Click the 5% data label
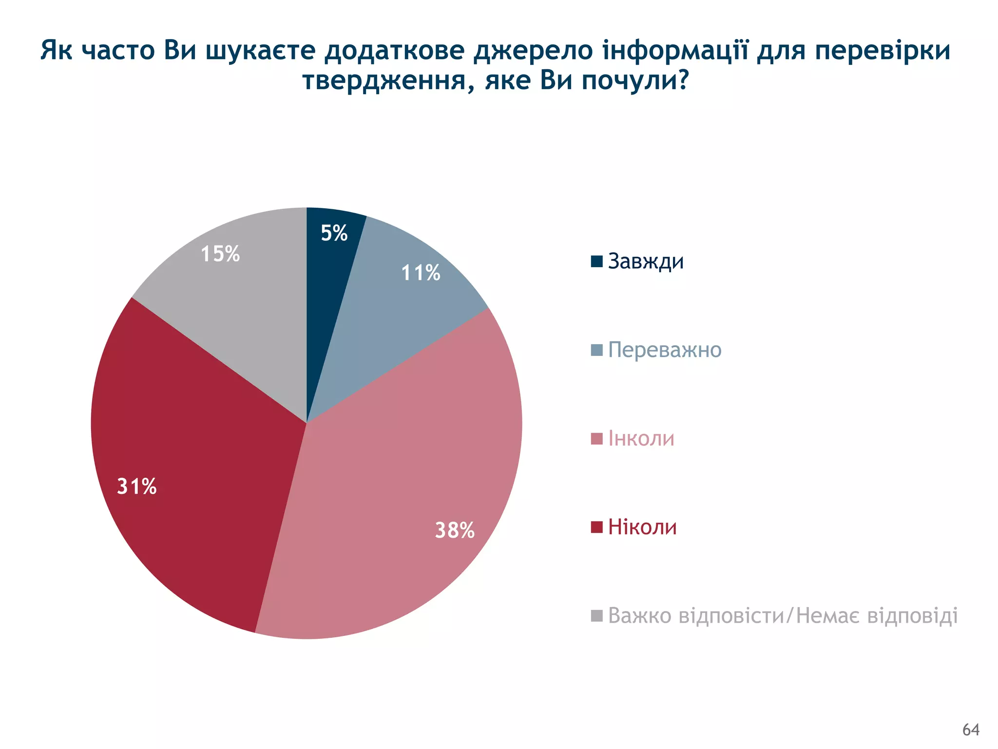point(334,233)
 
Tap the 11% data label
point(421,273)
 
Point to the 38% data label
point(454,530)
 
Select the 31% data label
point(137,487)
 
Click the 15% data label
point(220,254)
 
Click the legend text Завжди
point(646,261)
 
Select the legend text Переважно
point(664,350)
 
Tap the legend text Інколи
point(641,439)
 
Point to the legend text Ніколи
point(642,527)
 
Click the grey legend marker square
point(596,615)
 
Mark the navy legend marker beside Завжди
point(596,261)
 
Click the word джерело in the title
point(534,51)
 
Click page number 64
point(971,729)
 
